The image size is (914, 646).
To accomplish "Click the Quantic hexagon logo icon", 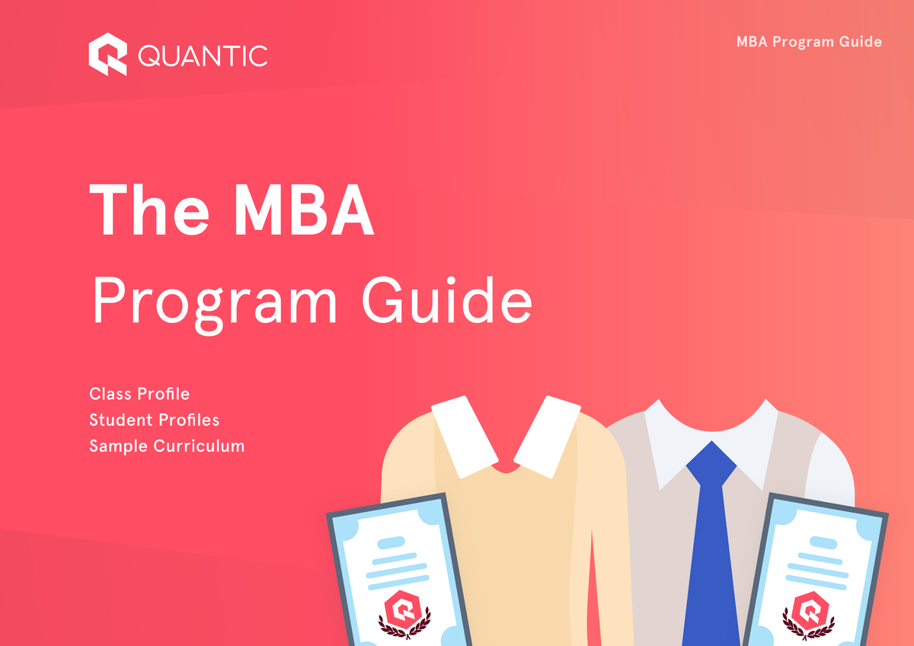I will pyautogui.click(x=107, y=56).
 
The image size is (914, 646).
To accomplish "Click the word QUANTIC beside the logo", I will pyautogui.click(x=203, y=56).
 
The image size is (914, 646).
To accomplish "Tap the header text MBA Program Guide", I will pyautogui.click(x=809, y=42).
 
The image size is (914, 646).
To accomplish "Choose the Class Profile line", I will pyautogui.click(x=139, y=394).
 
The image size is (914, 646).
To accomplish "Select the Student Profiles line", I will pyautogui.click(x=154, y=420).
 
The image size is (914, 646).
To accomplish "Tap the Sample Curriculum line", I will pyautogui.click(x=167, y=446).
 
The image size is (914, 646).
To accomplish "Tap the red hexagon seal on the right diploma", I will pyautogui.click(x=810, y=608).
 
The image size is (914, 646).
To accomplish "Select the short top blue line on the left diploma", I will pyautogui.click(x=391, y=543).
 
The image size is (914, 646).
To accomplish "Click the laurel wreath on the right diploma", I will pyautogui.click(x=810, y=628).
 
